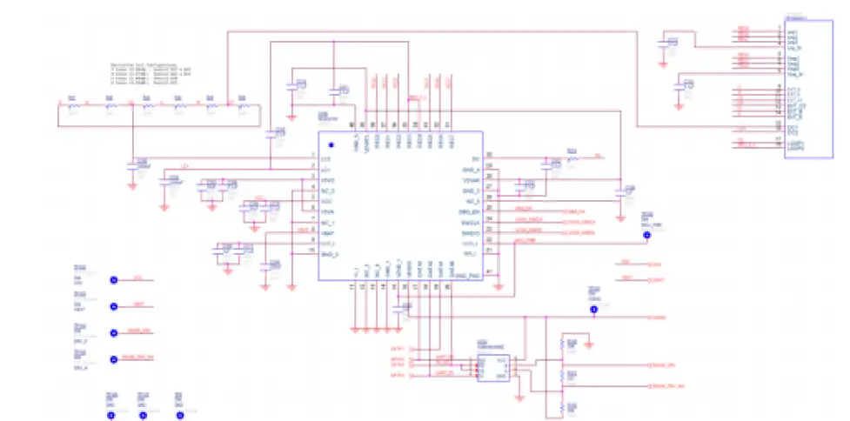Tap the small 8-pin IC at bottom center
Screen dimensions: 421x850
(x=492, y=367)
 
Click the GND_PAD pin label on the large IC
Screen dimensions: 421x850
(x=467, y=275)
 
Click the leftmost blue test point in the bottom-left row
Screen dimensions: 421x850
(x=110, y=415)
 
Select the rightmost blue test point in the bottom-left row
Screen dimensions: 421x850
(x=180, y=415)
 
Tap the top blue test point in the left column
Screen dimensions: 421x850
(x=112, y=280)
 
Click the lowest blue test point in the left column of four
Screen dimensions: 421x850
(x=112, y=359)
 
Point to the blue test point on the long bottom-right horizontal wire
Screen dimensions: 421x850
(x=594, y=309)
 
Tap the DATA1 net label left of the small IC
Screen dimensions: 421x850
(x=398, y=349)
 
